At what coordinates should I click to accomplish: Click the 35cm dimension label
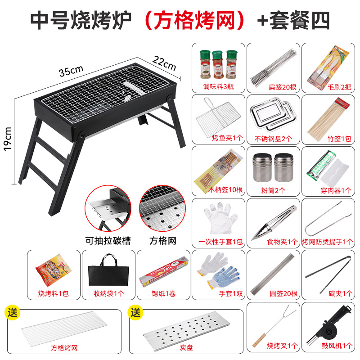click(x=71, y=70)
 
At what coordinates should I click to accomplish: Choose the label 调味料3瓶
click(x=218, y=86)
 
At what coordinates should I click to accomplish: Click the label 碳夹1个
click(x=328, y=294)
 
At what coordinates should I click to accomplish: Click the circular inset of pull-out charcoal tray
click(x=108, y=210)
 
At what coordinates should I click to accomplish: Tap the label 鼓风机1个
click(x=328, y=346)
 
